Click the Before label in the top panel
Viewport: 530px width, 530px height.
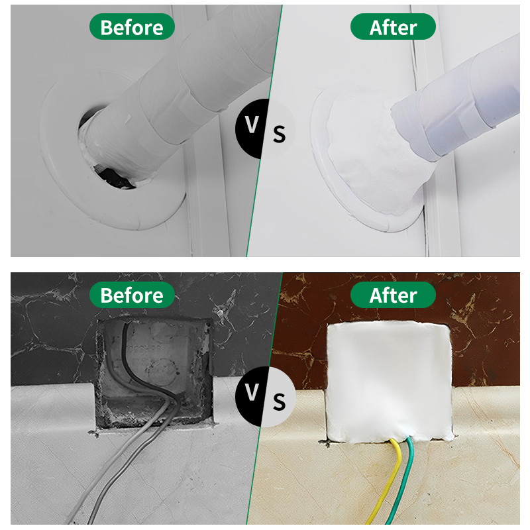click(x=132, y=26)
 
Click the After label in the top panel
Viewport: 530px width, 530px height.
click(x=393, y=26)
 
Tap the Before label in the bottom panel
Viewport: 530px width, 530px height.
click(x=132, y=295)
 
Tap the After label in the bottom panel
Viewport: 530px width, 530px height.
click(x=393, y=295)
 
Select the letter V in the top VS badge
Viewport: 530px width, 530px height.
click(x=252, y=125)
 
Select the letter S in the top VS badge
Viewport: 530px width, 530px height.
click(x=279, y=134)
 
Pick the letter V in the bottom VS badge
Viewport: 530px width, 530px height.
click(x=252, y=392)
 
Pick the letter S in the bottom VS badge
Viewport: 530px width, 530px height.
click(x=279, y=401)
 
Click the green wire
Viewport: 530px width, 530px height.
click(x=405, y=484)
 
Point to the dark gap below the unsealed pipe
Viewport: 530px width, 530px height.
click(x=113, y=176)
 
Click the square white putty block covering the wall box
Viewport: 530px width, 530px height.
click(x=389, y=382)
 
